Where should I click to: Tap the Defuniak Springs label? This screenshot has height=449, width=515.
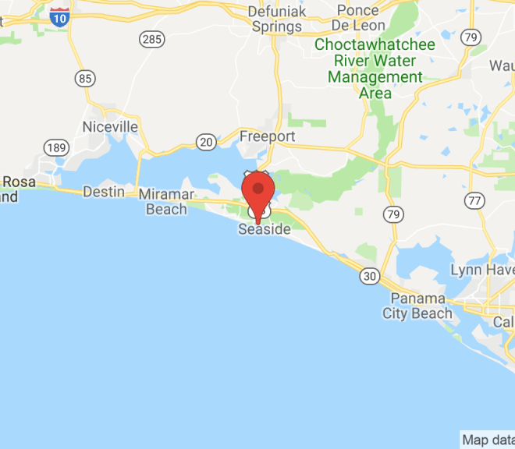275,19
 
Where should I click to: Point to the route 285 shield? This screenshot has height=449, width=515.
151,38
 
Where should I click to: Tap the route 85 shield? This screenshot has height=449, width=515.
86,78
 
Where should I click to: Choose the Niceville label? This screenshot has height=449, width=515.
110,126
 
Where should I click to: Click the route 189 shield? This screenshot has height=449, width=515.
56,148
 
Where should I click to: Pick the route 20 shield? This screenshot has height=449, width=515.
207,141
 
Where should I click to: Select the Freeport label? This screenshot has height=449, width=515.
267,136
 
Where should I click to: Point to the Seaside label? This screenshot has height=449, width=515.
264,230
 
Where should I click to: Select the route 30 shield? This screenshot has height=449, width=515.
370,275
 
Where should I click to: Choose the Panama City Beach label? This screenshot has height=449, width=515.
417,306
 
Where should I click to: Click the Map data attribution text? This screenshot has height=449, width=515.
488,440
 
